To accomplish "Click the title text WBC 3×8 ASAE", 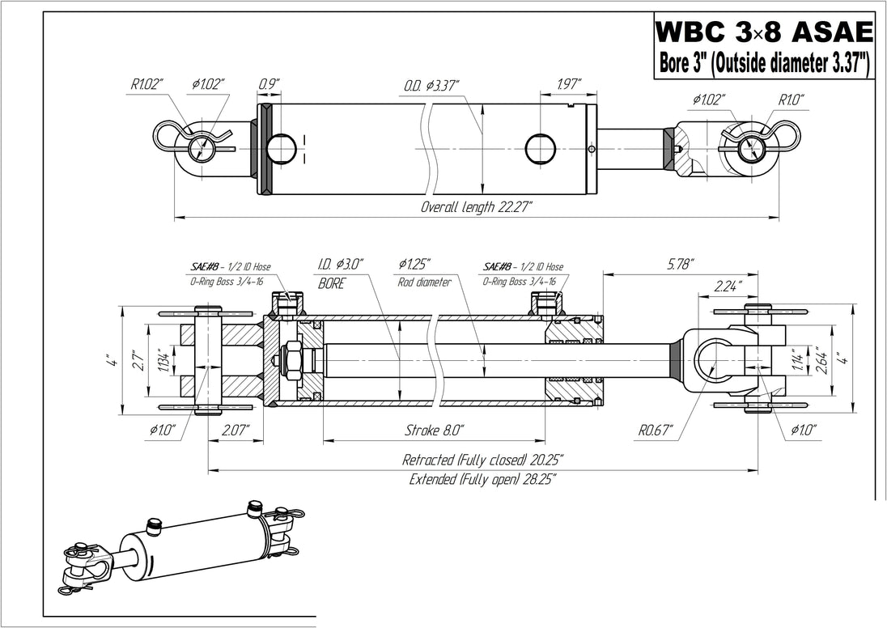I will [764, 33].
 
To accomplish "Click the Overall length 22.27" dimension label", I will [476, 207].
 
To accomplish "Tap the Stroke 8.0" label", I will [435, 429].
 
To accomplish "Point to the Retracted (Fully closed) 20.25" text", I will [483, 460].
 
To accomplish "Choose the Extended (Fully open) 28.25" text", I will [483, 478].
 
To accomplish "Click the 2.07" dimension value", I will [236, 429].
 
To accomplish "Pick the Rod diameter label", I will [425, 282].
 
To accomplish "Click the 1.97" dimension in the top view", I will [571, 85].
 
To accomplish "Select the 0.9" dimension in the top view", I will [269, 85].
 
